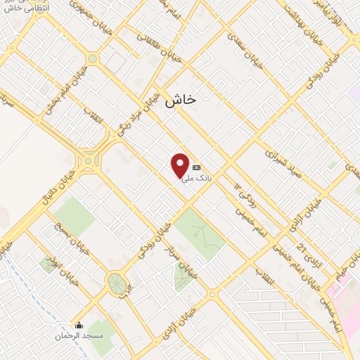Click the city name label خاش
[181, 101]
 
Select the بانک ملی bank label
[197, 179]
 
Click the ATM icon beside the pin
[196, 167]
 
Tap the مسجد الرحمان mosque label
[79, 336]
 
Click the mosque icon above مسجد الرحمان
[79, 326]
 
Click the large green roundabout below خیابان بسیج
[117, 284]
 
